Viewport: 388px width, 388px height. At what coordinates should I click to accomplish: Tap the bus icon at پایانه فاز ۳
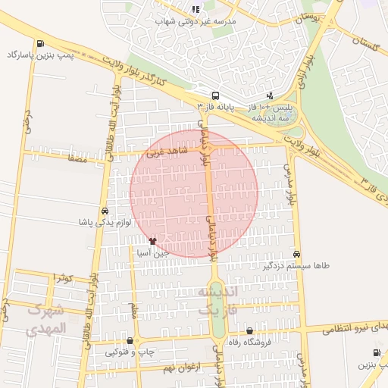pos(216,95)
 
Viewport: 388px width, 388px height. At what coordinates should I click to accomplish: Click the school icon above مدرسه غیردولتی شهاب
pos(196,9)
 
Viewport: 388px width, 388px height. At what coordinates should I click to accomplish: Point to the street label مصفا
pos(77,160)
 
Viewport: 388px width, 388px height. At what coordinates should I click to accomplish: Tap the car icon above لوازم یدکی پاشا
pos(104,211)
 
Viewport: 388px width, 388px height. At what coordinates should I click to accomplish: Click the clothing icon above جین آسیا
pos(152,241)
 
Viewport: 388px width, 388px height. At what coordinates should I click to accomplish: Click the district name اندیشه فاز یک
pos(217,301)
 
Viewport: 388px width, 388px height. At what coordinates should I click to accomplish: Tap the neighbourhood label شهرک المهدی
pos(46,319)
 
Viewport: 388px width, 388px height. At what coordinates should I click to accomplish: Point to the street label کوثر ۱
pos(62,279)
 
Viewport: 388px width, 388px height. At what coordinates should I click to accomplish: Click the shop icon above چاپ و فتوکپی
pos(130,341)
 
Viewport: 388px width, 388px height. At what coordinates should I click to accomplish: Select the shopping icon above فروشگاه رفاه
pos(250,330)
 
